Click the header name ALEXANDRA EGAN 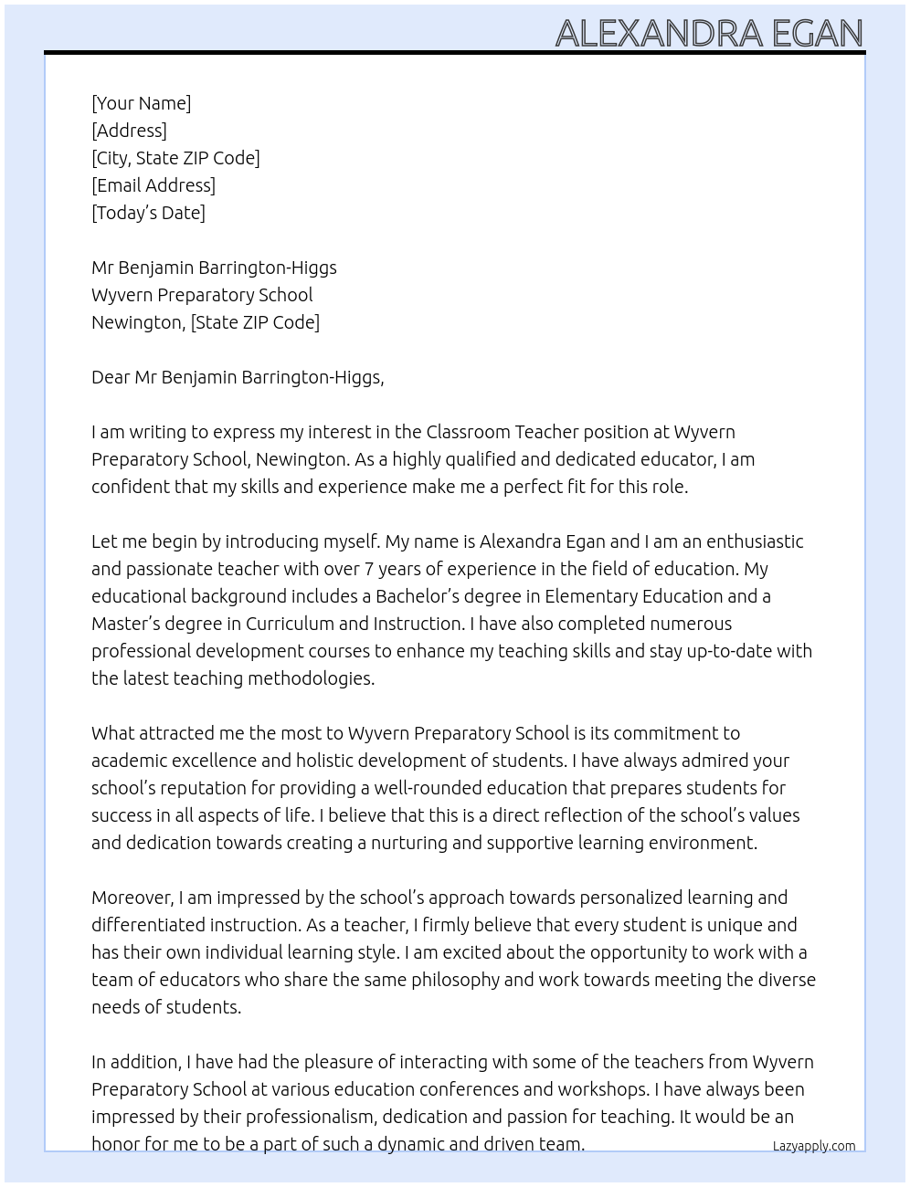click(x=709, y=33)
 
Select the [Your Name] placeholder click(x=141, y=103)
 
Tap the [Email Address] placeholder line click(x=153, y=185)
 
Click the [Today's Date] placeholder click(x=148, y=213)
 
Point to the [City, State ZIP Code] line click(x=175, y=158)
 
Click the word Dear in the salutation click(x=111, y=377)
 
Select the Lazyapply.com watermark click(x=813, y=1146)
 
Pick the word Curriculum click(x=289, y=624)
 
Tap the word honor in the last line click(x=115, y=1144)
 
